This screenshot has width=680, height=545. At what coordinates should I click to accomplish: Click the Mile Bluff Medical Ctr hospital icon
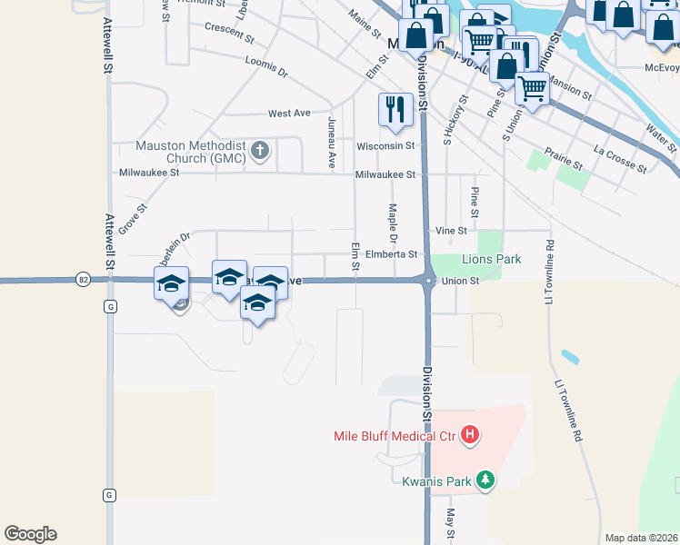pos(470,436)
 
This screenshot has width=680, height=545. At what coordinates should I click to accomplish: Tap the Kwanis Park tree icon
pos(485,481)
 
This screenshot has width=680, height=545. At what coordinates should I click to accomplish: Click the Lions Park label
pos(492,259)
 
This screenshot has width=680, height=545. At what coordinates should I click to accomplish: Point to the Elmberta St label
pos(390,254)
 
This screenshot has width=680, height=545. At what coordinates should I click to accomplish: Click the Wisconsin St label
pos(385,145)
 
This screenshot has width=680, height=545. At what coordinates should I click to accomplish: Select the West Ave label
pos(289,114)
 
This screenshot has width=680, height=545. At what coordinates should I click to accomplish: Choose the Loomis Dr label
pos(265,65)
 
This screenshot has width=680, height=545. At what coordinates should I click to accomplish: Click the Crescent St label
pos(229,34)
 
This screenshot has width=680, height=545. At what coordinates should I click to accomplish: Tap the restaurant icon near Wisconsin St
pos(394,109)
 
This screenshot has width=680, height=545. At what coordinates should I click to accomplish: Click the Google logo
pos(30,534)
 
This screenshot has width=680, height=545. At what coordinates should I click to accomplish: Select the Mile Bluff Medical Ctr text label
pos(393,436)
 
